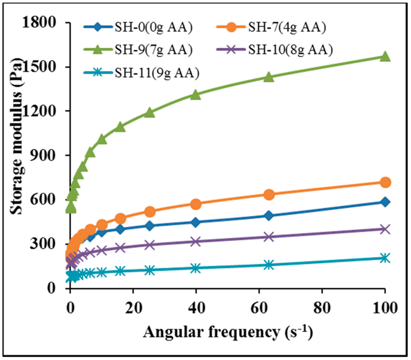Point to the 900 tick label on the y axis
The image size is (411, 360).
[44, 156]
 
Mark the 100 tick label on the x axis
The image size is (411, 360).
[385, 308]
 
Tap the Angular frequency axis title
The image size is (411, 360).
[227, 332]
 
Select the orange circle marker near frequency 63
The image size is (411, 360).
[269, 195]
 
